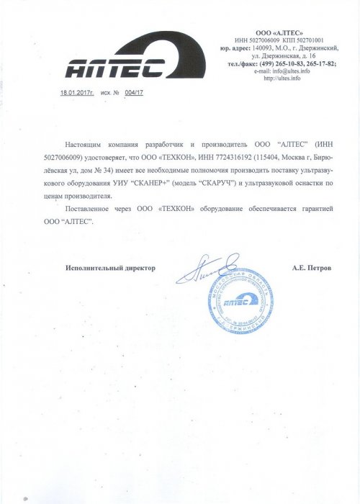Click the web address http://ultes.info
(281, 78)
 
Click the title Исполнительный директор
(109, 267)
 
